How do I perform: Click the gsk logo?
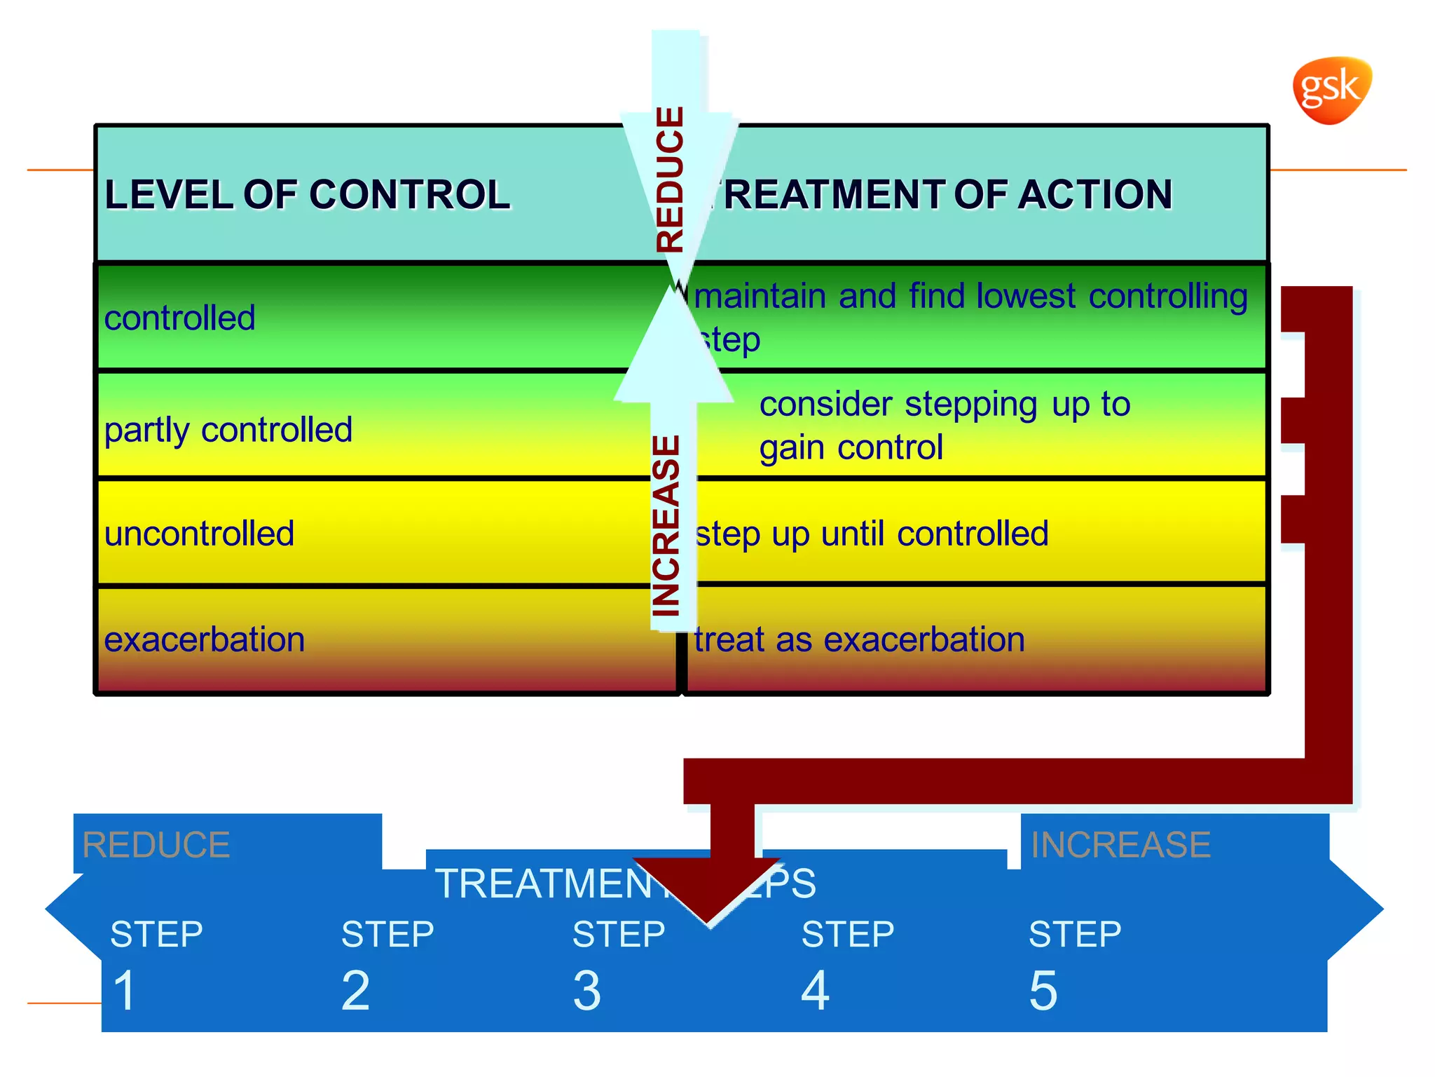(x=1331, y=90)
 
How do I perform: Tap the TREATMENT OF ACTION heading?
(x=942, y=194)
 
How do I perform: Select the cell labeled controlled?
(x=179, y=318)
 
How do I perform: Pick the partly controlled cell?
(x=228, y=429)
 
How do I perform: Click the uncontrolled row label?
(x=199, y=534)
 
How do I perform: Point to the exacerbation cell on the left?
(x=204, y=639)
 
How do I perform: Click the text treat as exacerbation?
(x=859, y=639)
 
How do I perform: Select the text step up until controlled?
(x=871, y=534)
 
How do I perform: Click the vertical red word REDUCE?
(x=670, y=179)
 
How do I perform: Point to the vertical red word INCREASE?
(x=666, y=526)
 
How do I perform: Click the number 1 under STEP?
(x=125, y=990)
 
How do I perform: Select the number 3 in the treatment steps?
(x=586, y=990)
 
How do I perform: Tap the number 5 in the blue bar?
(x=1043, y=990)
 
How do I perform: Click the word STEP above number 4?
(x=847, y=934)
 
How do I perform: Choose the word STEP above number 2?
(x=387, y=934)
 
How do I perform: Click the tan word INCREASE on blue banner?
(x=1120, y=844)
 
